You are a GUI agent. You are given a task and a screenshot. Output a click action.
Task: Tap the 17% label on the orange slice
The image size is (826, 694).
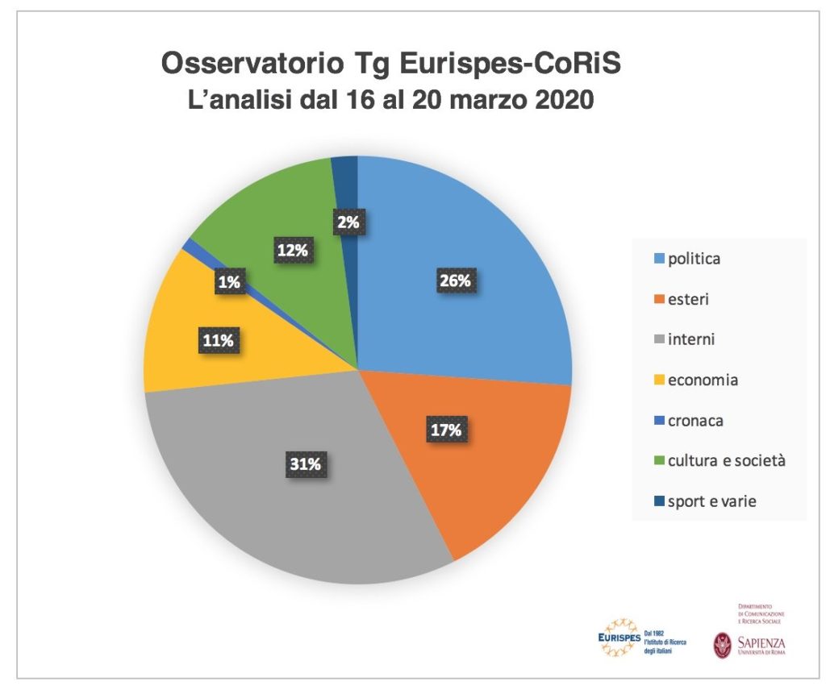pyautogui.click(x=444, y=430)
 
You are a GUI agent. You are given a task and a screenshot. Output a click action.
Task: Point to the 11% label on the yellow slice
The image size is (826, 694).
pyautogui.click(x=217, y=341)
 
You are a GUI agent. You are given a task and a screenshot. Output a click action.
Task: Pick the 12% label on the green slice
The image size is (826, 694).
pyautogui.click(x=292, y=251)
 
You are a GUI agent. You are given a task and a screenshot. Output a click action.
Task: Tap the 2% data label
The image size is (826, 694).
pyautogui.click(x=348, y=222)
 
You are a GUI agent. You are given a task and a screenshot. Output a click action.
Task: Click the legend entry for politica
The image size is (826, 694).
pyautogui.click(x=694, y=259)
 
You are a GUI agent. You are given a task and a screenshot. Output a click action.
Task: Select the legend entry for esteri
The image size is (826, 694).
pyautogui.click(x=688, y=299)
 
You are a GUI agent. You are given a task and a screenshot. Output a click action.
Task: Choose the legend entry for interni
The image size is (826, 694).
pyautogui.click(x=691, y=339)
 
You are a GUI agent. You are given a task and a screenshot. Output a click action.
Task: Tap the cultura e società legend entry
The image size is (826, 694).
pyautogui.click(x=718, y=460)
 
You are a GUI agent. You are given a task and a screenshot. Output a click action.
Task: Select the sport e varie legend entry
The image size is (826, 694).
pyautogui.click(x=709, y=501)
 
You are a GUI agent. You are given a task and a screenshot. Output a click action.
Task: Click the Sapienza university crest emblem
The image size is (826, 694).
pyautogui.click(x=723, y=645)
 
